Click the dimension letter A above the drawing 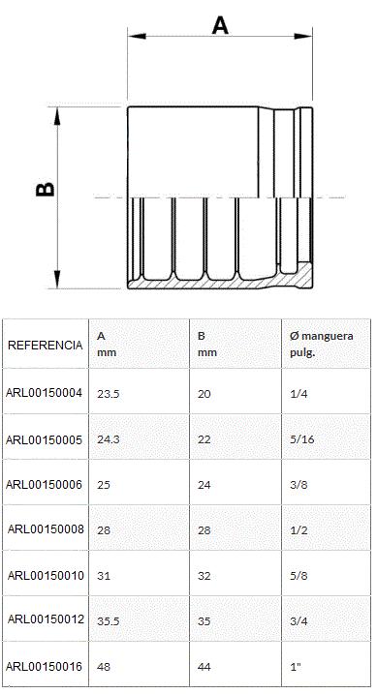[x=220, y=25]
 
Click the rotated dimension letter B [x=46, y=189]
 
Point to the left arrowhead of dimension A [x=137, y=36]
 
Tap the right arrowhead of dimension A [x=303, y=36]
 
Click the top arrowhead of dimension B [x=57, y=116]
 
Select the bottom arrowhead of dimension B [x=57, y=280]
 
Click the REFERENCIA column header [x=46, y=346]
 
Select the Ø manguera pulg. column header [x=322, y=344]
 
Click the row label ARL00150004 [x=44, y=393]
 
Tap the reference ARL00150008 [x=46, y=528]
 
